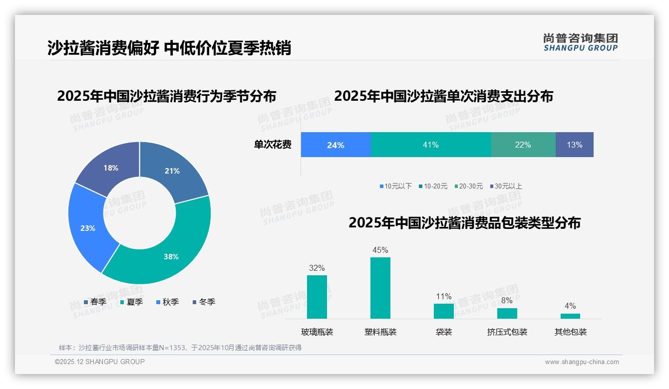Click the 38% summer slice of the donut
click(165, 254)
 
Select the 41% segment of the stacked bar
click(430, 145)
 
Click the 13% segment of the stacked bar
click(574, 145)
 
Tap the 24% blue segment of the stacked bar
click(335, 145)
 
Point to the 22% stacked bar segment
click(523, 145)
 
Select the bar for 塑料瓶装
click(380, 288)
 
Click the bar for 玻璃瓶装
click(317, 297)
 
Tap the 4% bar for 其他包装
click(570, 316)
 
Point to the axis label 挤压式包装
click(507, 332)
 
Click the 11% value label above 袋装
click(443, 296)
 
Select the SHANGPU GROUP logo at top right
click(580, 42)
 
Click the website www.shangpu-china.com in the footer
click(582, 362)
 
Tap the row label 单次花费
click(273, 145)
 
